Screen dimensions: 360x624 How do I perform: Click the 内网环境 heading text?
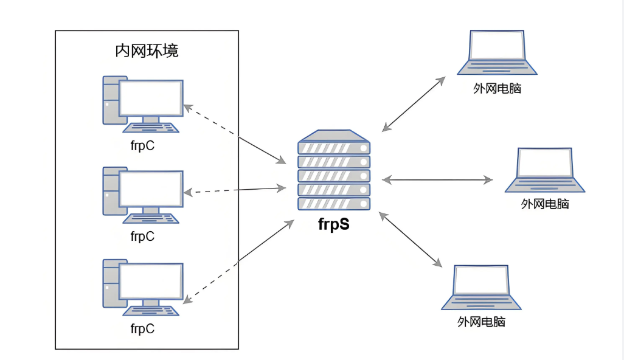coord(147,51)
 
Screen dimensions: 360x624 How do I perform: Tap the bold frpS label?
coord(334,224)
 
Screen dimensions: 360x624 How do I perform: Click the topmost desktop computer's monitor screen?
coord(151,97)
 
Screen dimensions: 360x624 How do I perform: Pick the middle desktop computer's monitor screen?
coord(151,189)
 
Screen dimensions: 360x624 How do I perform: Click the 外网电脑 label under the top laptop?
coord(497,89)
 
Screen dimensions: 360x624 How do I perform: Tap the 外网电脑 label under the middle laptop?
coord(545,204)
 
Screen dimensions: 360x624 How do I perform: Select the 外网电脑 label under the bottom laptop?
coord(482,322)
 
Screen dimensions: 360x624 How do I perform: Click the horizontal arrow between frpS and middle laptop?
coord(437,179)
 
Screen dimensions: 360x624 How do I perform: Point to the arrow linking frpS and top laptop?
coord(414,103)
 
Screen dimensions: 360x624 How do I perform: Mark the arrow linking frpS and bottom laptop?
coord(409,238)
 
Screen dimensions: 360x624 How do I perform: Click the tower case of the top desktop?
coord(110,100)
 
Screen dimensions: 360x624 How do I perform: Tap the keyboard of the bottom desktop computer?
coord(151,310)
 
